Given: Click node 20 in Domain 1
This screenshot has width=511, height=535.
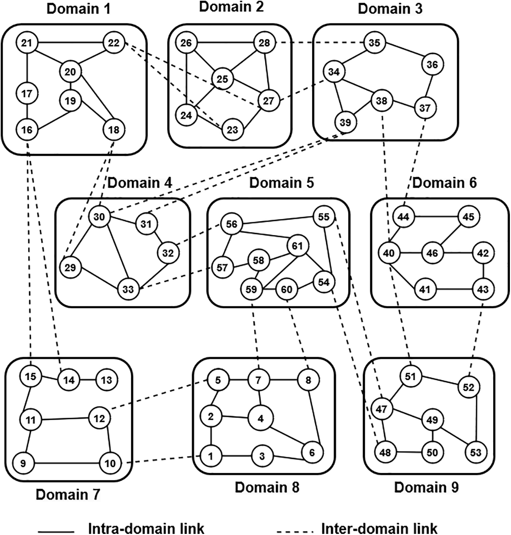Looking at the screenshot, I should [70, 72].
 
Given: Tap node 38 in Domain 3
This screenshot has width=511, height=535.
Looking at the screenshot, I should [381, 101].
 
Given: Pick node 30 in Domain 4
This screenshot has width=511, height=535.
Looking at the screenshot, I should [99, 217].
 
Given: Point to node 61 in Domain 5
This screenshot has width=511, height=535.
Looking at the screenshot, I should [297, 246].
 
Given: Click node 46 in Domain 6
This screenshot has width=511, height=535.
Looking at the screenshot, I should [432, 253].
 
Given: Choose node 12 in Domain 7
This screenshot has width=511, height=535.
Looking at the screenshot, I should [99, 418].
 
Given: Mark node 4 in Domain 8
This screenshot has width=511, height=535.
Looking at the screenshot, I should [260, 418].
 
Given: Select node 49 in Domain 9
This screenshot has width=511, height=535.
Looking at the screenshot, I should [432, 420].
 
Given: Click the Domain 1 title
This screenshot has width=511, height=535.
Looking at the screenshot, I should [78, 9].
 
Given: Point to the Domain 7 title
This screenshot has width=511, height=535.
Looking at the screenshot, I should [68, 495].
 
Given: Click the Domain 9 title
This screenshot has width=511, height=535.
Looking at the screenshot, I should [426, 487].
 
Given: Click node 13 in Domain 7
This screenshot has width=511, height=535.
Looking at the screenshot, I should [106, 380].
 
